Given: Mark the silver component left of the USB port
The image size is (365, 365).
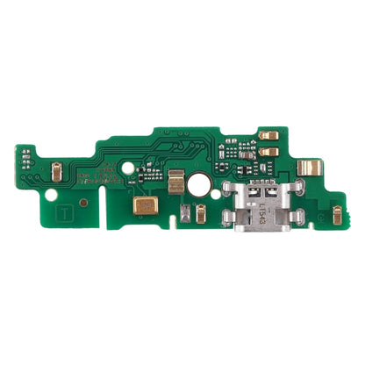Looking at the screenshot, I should click(x=188, y=215).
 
